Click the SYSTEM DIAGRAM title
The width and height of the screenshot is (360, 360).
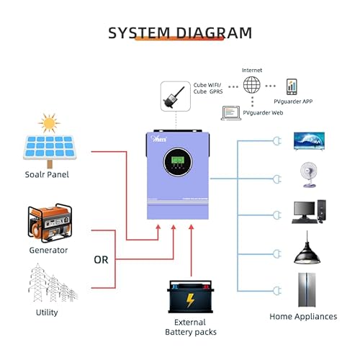pyautogui.click(x=180, y=32)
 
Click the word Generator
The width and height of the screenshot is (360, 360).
pyautogui.click(x=49, y=250)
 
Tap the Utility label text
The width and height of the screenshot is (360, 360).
pyautogui.click(x=47, y=312)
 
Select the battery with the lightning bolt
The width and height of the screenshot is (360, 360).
pyautogui.click(x=190, y=297)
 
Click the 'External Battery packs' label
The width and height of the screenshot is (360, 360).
pyautogui.click(x=190, y=327)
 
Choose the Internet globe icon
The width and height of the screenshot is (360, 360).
pyautogui.click(x=251, y=85)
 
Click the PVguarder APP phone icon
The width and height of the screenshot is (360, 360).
pyautogui.click(x=292, y=86)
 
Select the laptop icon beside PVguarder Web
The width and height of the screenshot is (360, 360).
pyautogui.click(x=231, y=112)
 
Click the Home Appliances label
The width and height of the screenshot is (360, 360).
pyautogui.click(x=302, y=316)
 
